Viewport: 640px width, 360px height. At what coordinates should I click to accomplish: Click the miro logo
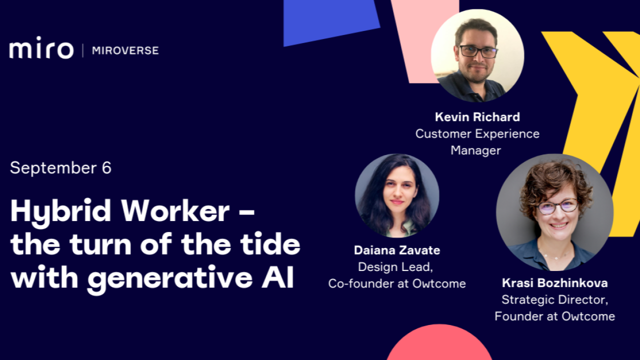(x=41, y=50)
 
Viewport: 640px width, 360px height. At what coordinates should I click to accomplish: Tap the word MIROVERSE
(x=125, y=50)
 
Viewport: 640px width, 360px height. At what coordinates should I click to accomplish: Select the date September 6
(x=60, y=168)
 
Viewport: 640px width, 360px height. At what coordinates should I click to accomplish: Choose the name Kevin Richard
(x=477, y=117)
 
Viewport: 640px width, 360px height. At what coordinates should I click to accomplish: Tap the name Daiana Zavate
(x=397, y=250)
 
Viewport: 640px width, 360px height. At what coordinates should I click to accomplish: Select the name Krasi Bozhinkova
(x=554, y=283)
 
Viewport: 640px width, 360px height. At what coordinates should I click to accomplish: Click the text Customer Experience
(x=477, y=133)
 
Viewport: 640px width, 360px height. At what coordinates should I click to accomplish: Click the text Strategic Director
(x=554, y=299)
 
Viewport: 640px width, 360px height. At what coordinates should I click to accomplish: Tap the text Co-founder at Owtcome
(x=397, y=283)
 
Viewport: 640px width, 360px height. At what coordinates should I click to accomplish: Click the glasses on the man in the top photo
(x=478, y=51)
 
